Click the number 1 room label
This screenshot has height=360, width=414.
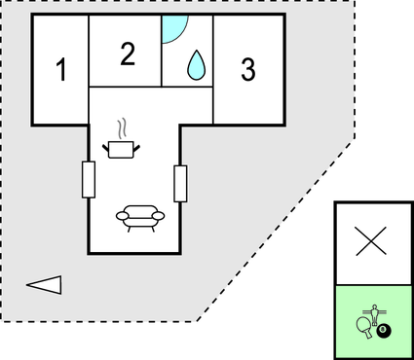click(x=61, y=71)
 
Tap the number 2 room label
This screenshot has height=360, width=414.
click(x=127, y=54)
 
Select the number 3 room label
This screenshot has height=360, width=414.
click(x=248, y=70)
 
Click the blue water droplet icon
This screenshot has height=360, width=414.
click(x=197, y=64)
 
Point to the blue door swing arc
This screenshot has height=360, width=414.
click(x=171, y=29)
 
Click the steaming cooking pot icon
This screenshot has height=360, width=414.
click(x=122, y=148)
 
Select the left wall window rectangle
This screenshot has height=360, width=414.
click(x=89, y=179)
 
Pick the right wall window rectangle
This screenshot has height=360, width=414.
click(x=179, y=183)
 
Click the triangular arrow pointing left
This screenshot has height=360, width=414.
click(x=45, y=285)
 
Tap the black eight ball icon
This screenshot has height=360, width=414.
click(x=384, y=332)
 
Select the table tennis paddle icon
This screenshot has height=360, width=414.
click(x=363, y=325)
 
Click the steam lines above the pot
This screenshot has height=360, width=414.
click(x=122, y=128)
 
